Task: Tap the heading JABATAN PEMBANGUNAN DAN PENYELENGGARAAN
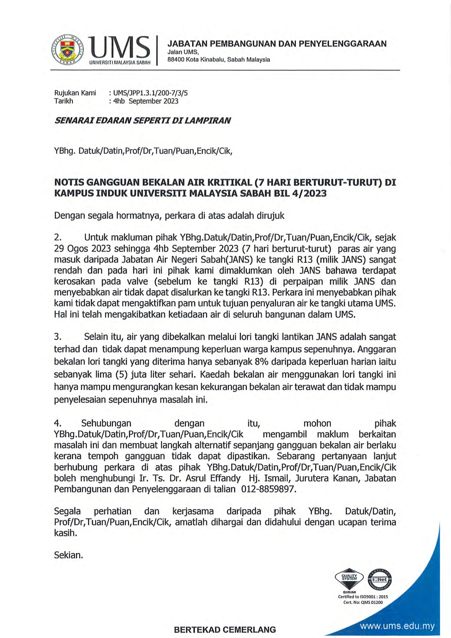coord(277,44)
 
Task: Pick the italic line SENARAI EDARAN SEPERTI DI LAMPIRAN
coord(142,121)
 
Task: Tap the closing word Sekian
coord(68,555)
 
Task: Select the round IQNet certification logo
coord(379,579)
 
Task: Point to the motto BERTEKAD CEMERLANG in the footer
coord(225,630)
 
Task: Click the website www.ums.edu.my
coord(397,626)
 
